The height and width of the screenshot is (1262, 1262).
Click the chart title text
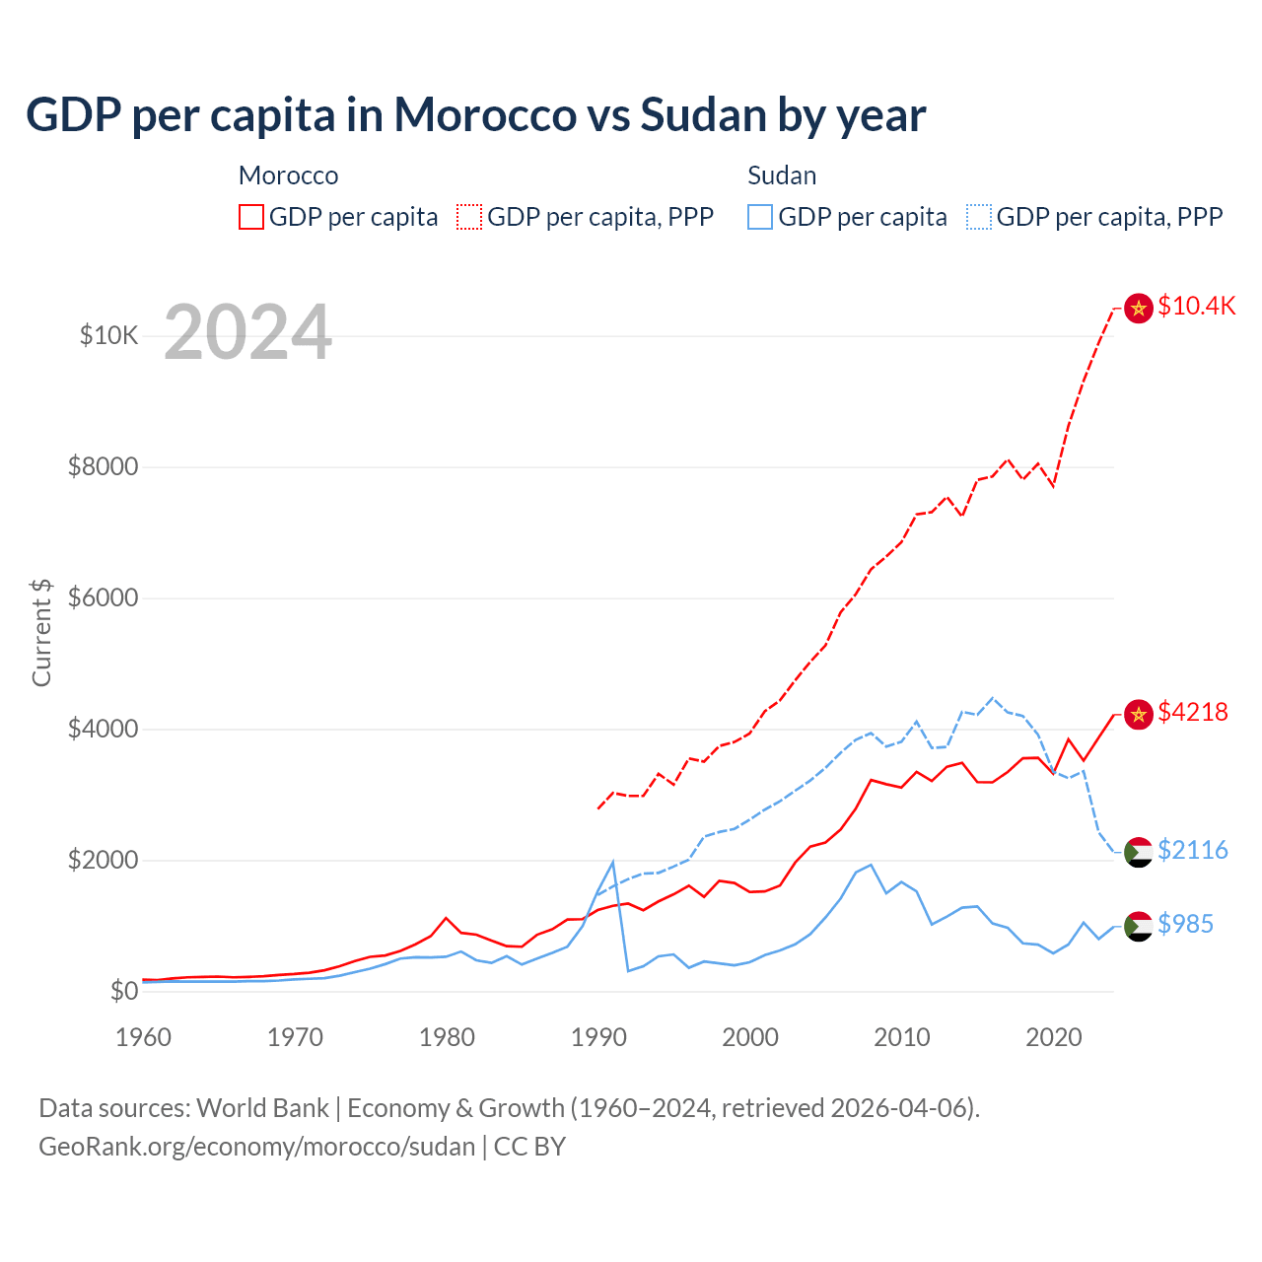click(x=475, y=115)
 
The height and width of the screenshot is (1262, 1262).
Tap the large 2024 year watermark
click(x=247, y=332)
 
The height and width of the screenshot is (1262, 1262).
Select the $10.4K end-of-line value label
click(x=1196, y=306)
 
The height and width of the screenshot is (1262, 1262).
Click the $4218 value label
click(x=1193, y=712)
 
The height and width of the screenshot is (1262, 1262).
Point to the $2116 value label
click(x=1193, y=850)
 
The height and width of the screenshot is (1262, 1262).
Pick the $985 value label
click(x=1185, y=924)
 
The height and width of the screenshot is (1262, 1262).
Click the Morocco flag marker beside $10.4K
click(x=1139, y=309)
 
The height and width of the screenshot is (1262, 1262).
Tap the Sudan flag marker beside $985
click(x=1139, y=926)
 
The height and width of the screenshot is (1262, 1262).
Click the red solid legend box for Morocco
click(x=251, y=217)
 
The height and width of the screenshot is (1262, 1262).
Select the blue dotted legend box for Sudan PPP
click(x=979, y=217)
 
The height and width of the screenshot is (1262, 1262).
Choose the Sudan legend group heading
click(x=782, y=175)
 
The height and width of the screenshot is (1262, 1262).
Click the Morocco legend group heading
click(x=288, y=175)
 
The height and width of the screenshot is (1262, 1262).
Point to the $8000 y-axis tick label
click(x=103, y=466)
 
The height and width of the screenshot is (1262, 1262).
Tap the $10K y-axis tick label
click(x=108, y=335)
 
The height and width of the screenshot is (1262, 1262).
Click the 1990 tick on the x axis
click(x=598, y=1037)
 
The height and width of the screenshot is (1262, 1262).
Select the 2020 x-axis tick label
click(x=1054, y=1037)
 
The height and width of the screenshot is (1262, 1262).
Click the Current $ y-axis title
click(x=41, y=633)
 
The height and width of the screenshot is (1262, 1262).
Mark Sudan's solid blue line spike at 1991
click(x=613, y=863)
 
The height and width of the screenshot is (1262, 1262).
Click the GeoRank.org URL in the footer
click(x=256, y=1147)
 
